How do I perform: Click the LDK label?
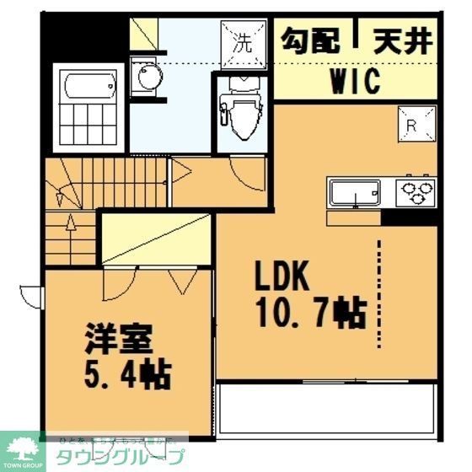pyautogui.click(x=285, y=277)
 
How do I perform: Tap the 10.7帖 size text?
pyautogui.click(x=309, y=313)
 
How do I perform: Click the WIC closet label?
pyautogui.click(x=354, y=82)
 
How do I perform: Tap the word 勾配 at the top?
pyautogui.click(x=310, y=40)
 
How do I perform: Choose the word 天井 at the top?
pyautogui.click(x=400, y=40)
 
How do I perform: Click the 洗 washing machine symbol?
pyautogui.click(x=242, y=40)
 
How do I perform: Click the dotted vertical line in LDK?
pyautogui.click(x=381, y=291)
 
